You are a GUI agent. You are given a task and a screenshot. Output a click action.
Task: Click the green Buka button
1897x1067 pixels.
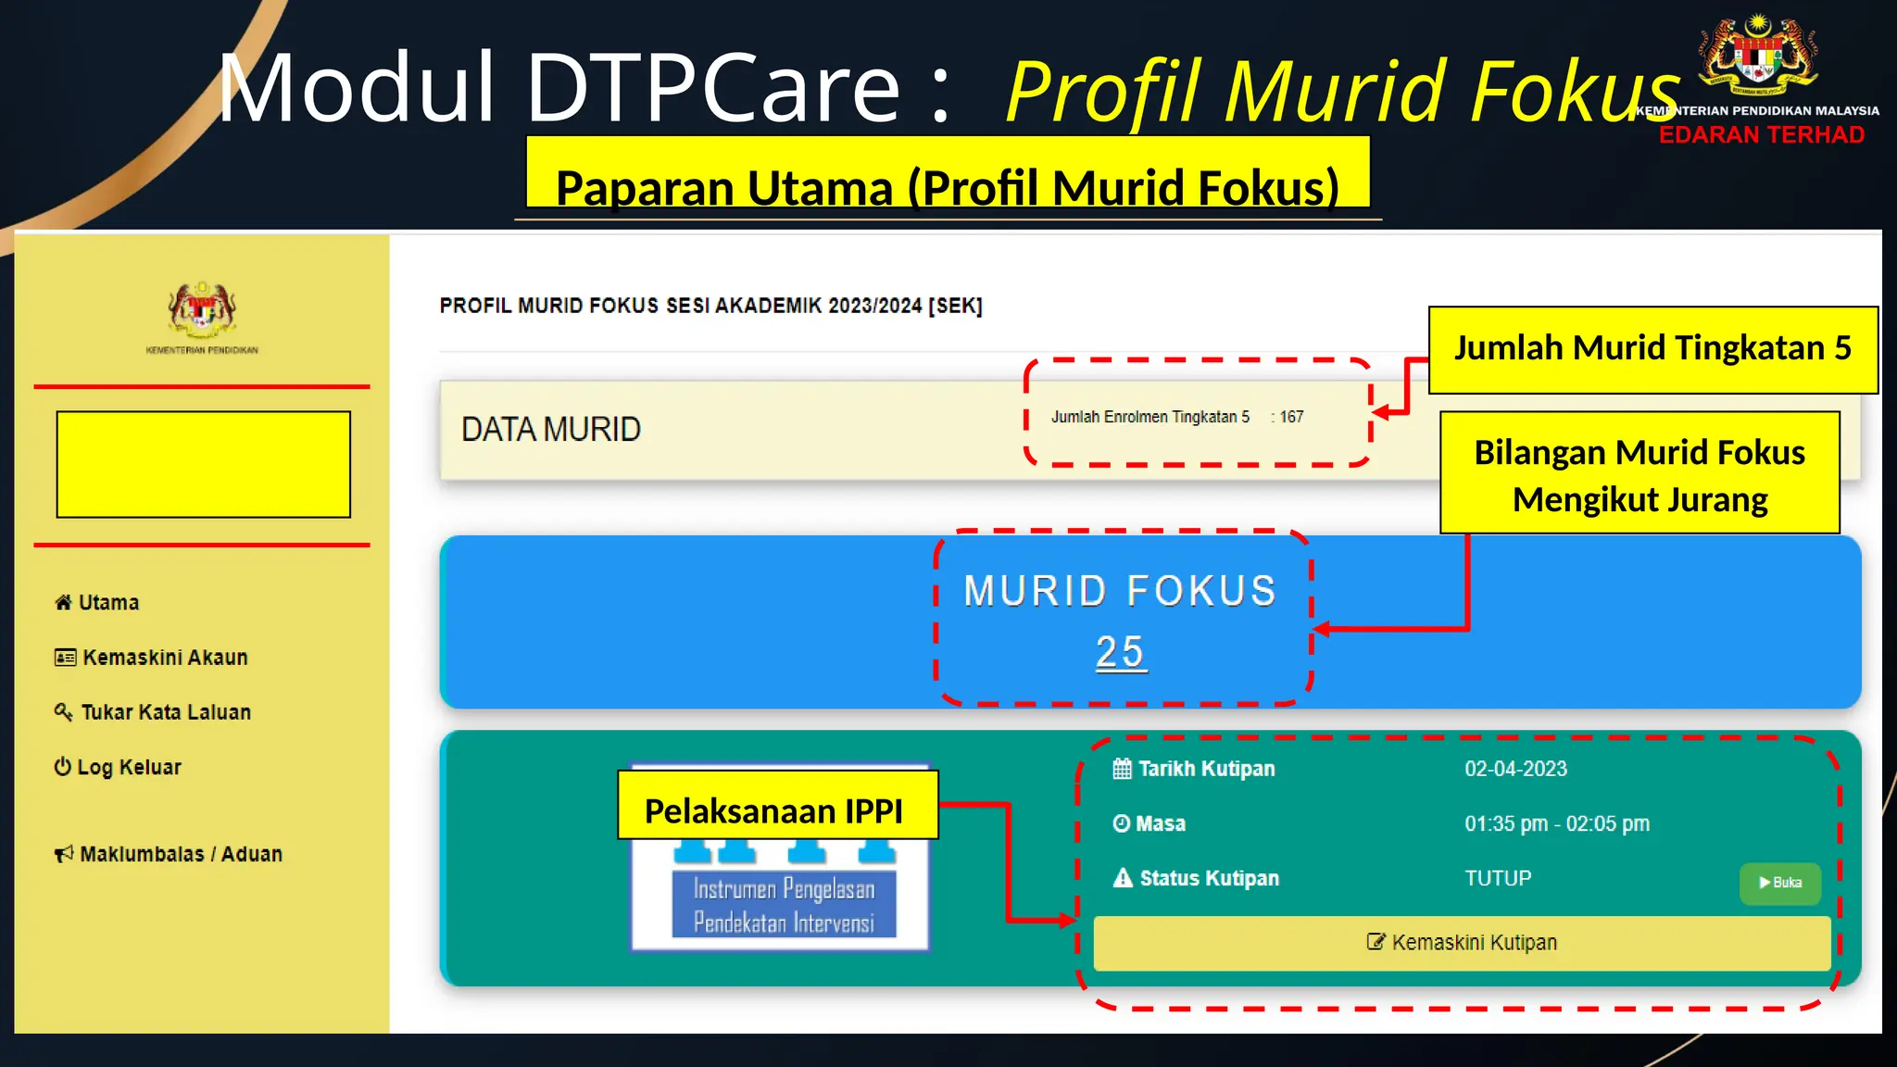(1779, 883)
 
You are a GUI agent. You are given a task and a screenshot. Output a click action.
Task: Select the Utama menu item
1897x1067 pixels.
(97, 603)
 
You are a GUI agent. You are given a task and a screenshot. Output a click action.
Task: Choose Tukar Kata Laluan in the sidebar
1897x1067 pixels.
(153, 712)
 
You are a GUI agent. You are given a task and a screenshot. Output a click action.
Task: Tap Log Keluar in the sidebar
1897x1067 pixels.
(118, 767)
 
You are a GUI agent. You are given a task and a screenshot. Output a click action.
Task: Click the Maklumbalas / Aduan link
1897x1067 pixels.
(169, 854)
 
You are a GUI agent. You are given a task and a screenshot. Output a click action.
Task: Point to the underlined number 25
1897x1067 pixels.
(1120, 652)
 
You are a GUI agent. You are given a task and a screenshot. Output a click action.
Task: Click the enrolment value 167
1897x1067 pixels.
(1291, 418)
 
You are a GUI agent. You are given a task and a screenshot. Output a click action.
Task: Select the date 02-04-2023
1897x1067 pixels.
(1515, 769)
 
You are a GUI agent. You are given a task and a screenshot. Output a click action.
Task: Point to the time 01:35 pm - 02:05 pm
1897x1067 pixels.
(1556, 823)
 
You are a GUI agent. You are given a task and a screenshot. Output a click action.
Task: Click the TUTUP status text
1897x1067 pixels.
(1498, 878)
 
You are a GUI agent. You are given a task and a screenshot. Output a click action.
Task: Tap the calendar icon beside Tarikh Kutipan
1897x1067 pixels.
(1122, 769)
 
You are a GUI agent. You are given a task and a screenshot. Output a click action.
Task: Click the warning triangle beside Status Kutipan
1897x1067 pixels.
(1123, 878)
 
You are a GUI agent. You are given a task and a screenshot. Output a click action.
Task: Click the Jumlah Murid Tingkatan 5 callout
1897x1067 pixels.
(1652, 349)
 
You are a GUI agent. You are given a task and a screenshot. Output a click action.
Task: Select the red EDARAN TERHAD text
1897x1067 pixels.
(1761, 135)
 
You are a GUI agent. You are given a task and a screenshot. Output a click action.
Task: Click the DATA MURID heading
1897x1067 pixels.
(551, 430)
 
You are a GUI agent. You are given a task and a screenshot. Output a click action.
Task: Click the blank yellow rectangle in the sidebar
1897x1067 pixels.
(204, 464)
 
